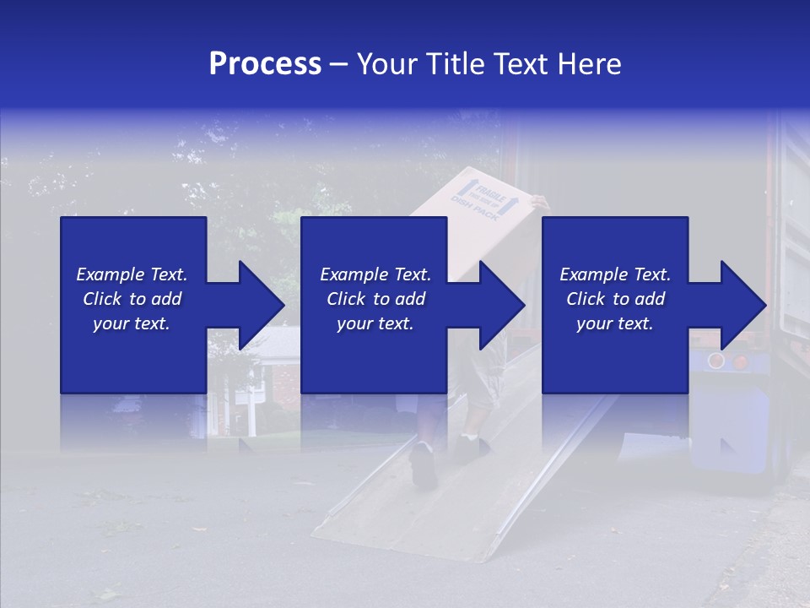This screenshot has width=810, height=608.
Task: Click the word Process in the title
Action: (265, 64)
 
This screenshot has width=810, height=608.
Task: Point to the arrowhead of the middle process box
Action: (501, 305)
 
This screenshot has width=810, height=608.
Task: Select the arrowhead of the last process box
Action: (742, 305)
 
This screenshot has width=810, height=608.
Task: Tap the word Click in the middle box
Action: (346, 299)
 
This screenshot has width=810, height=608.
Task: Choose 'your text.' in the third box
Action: (614, 323)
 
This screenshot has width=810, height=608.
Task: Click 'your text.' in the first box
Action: (131, 323)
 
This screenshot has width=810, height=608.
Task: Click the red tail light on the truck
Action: (740, 361)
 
